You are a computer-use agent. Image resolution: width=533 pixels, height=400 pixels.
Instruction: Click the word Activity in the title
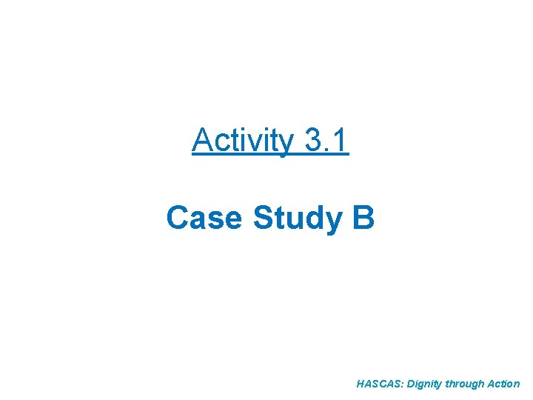(x=243, y=140)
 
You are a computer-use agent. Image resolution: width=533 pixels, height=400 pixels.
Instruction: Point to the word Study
(x=295, y=219)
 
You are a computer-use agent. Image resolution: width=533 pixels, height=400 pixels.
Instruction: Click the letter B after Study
(x=363, y=219)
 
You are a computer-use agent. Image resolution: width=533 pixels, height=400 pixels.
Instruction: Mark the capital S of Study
(x=264, y=219)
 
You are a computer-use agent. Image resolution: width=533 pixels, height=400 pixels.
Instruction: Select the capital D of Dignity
(x=411, y=384)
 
